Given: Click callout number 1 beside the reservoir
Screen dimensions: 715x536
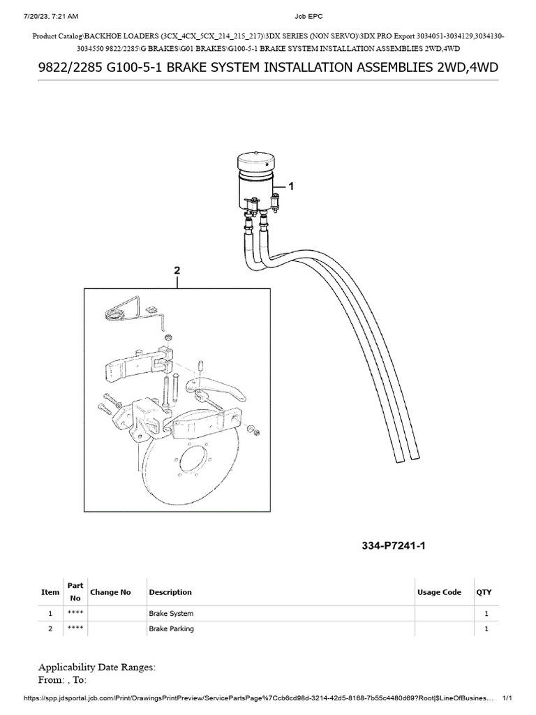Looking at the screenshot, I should pos(291,186).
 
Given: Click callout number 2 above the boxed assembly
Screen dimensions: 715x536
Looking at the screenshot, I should pos(177,270).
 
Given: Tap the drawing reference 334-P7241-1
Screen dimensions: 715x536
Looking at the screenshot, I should pos(393,545).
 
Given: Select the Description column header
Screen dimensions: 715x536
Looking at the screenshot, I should pos(170,592).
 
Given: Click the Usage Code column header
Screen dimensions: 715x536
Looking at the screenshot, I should pos(439,592).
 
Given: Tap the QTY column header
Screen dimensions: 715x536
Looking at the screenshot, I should pos(484,592).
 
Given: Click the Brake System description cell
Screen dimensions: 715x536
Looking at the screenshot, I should pos(171,614).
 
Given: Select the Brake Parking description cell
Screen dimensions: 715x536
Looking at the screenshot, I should pos(171,629).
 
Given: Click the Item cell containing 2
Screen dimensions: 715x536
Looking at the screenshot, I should pos(50,629).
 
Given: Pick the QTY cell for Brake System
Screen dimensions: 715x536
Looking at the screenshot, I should pos(486,614).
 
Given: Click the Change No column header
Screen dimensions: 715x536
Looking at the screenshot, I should pos(110,592).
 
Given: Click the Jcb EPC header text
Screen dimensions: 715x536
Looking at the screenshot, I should pos(269,15).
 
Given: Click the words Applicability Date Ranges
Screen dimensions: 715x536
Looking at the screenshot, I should pos(97,667).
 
